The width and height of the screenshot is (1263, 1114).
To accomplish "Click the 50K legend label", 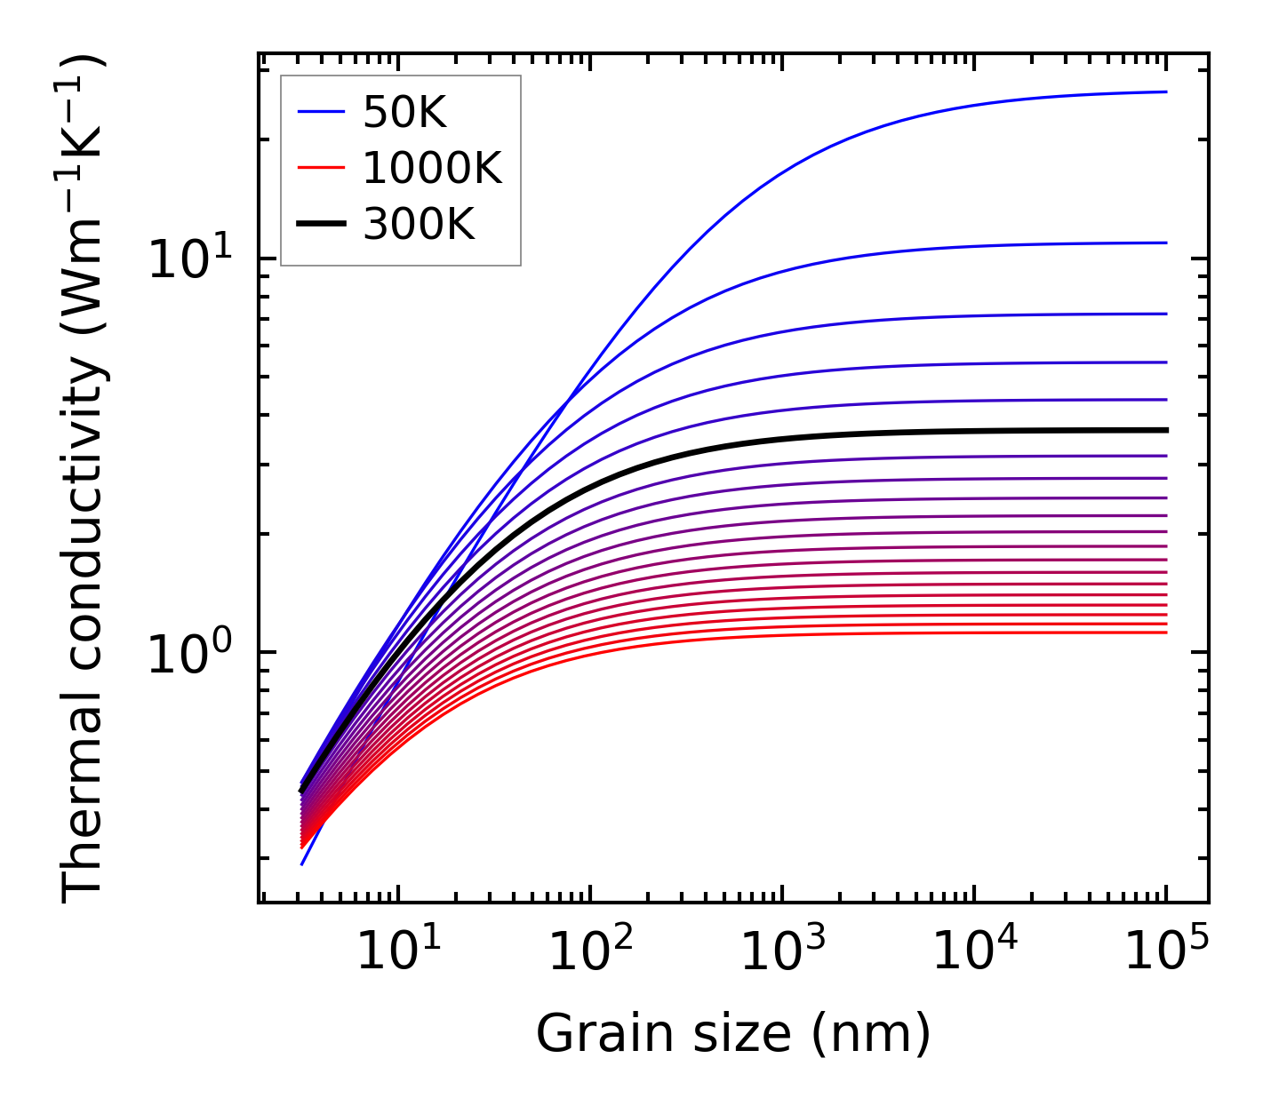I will pyautogui.click(x=404, y=112).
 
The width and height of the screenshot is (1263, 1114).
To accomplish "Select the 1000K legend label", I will pyautogui.click(x=432, y=168).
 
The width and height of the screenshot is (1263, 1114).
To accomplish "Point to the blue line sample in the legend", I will pyautogui.click(x=321, y=112).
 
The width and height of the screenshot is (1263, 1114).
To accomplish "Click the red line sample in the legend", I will pyautogui.click(x=321, y=168).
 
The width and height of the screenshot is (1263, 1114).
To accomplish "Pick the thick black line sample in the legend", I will pyautogui.click(x=321, y=224).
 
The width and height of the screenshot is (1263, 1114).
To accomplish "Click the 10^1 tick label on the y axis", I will pyautogui.click(x=190, y=260).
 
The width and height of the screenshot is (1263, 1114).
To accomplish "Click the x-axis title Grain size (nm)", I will pyautogui.click(x=733, y=1034).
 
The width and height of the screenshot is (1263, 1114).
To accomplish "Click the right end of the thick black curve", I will pyautogui.click(x=1165, y=430).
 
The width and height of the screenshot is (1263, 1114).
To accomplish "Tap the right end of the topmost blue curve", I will pyautogui.click(x=1165, y=92).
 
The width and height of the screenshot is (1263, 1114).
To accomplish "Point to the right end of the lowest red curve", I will pyautogui.click(x=1165, y=633).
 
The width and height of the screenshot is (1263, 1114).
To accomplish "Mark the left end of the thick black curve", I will pyautogui.click(x=302, y=790).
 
